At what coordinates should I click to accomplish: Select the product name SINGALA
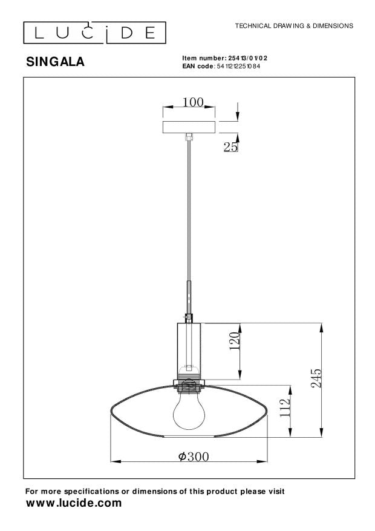(x=56, y=61)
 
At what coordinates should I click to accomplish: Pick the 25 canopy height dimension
(x=230, y=146)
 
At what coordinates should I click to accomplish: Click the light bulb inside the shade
(x=189, y=410)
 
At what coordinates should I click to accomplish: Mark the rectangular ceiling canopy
(x=190, y=127)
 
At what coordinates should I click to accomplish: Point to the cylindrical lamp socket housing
(x=189, y=348)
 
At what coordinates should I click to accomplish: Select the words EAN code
(x=198, y=65)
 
